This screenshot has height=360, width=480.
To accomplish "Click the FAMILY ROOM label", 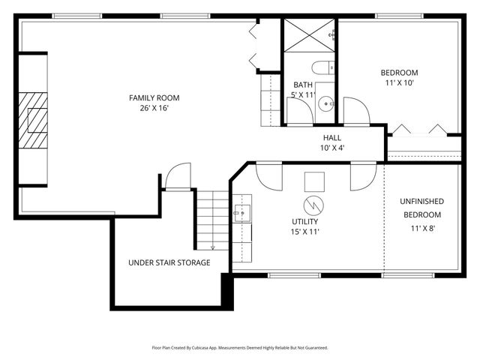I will point(154,97).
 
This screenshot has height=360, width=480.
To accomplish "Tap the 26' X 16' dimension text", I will point(154,108).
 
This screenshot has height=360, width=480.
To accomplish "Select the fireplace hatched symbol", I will point(34,120).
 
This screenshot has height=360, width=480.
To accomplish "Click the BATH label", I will point(303,85).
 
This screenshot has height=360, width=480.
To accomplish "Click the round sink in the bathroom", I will point(323,105).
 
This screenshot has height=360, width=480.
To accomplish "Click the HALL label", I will point(331,138).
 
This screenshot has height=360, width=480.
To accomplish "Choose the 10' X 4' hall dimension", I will point(331,148).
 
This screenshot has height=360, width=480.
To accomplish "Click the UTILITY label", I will point(305,222).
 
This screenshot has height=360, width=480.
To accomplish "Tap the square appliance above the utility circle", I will point(314,181).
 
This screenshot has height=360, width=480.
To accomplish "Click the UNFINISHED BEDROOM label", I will point(421,208).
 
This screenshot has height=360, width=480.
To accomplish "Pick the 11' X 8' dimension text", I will point(421,228).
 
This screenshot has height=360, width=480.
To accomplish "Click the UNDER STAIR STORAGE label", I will point(169,262).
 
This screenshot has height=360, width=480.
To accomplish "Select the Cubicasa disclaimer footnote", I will point(240,348).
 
